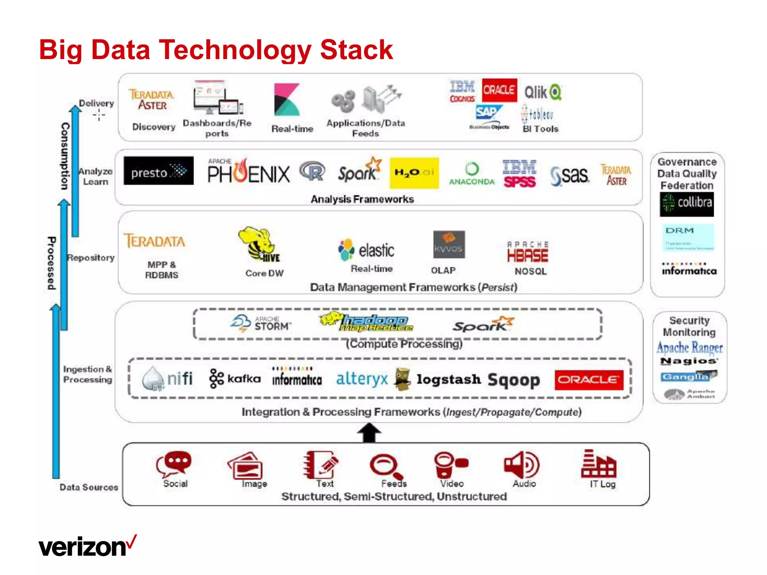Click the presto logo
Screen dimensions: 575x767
coord(158,171)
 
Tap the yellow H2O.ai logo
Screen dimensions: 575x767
coord(414,173)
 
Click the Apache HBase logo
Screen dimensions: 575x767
coord(528,252)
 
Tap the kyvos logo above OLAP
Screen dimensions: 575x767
coord(449,244)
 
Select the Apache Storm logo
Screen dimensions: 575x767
coord(261,323)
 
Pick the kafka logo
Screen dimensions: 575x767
coord(235,379)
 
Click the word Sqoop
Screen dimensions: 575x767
coord(514,380)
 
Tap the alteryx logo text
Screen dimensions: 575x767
coord(362,379)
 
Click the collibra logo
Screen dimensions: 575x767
coord(686,204)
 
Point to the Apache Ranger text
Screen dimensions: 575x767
coord(689,348)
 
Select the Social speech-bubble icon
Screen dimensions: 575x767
coord(174,464)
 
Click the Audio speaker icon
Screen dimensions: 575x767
coord(522,465)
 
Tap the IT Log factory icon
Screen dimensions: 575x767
coord(598,464)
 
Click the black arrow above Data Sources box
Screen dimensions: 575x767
coord(369,433)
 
